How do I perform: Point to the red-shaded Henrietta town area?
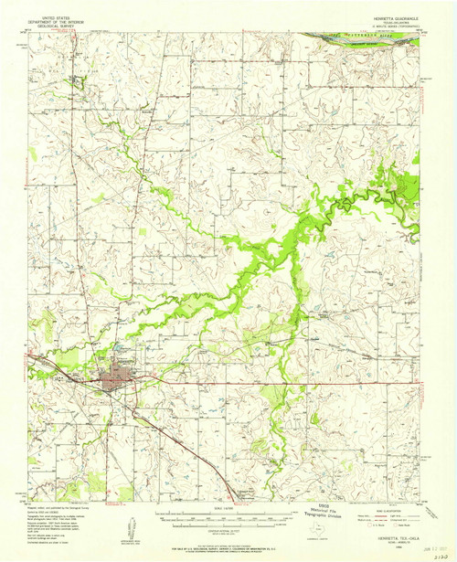click(120, 374)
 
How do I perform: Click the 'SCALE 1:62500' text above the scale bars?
click(228, 507)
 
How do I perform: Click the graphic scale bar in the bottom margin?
click(228, 518)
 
